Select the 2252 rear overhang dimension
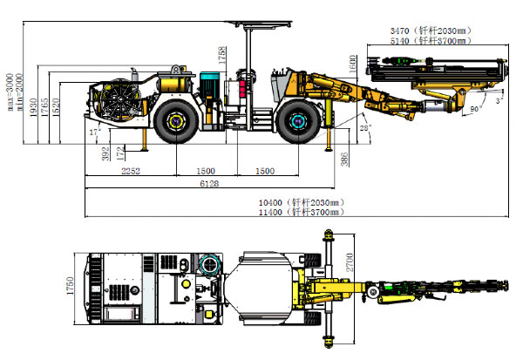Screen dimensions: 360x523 (132, 171)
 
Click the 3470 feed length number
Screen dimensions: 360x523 (402, 31)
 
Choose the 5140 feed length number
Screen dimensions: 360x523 (402, 41)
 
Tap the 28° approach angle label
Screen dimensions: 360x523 (365, 128)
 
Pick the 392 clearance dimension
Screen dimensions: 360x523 (105, 153)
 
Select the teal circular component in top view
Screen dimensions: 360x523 (209, 264)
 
